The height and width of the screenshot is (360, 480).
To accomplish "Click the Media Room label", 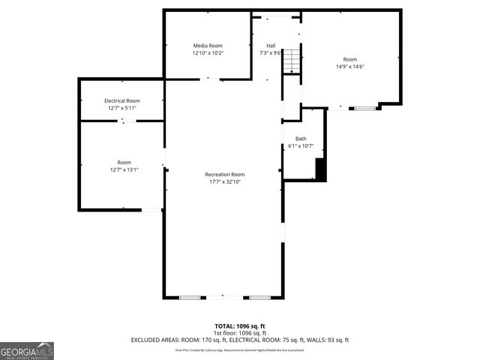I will point(208,46).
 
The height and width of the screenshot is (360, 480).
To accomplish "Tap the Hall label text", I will point(270,46).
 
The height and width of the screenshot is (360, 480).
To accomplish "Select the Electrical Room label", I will point(121,100).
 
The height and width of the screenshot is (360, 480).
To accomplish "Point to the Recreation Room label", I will point(225,175).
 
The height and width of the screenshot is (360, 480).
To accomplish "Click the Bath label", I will point(300,139).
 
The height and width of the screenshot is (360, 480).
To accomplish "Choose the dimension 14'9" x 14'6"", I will point(350,66).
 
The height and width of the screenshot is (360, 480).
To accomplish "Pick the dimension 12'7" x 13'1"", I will point(124,169).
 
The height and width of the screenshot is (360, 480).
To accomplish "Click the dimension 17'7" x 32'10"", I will point(225,181).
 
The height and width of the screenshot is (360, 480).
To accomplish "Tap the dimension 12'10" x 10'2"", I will point(208,53).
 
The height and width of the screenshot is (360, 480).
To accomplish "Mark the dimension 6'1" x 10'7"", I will point(300,146).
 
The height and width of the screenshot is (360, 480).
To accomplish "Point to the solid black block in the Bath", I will point(320,169).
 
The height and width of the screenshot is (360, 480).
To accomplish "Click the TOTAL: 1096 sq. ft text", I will point(240,326).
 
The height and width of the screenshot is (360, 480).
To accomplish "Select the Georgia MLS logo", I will point(27,350).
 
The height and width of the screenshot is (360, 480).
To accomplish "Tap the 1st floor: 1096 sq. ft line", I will point(240,333).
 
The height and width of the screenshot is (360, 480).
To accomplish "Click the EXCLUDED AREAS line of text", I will point(240,340).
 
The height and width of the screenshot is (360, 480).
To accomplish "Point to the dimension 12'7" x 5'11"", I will point(121,108).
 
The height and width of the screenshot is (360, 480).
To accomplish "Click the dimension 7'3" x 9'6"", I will point(270,53).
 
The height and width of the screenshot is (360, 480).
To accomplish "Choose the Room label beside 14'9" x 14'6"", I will point(350,59).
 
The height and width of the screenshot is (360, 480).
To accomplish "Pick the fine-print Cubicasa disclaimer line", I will point(240,349).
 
